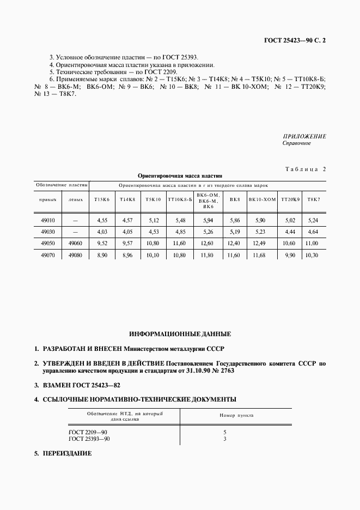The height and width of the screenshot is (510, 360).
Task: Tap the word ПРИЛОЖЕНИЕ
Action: [x=304, y=136]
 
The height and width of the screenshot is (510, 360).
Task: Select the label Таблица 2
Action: [x=305, y=169]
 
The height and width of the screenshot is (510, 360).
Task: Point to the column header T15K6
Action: [x=102, y=200]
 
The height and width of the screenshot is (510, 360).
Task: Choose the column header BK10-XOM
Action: [x=262, y=200]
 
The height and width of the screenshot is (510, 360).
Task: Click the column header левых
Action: [x=76, y=200]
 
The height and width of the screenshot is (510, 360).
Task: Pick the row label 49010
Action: [x=48, y=221]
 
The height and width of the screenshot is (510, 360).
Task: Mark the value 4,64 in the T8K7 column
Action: [x=313, y=232]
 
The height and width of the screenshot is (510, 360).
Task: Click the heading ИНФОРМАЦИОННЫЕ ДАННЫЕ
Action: [x=180, y=333]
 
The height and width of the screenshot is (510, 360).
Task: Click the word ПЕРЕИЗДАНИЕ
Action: [x=67, y=453]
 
